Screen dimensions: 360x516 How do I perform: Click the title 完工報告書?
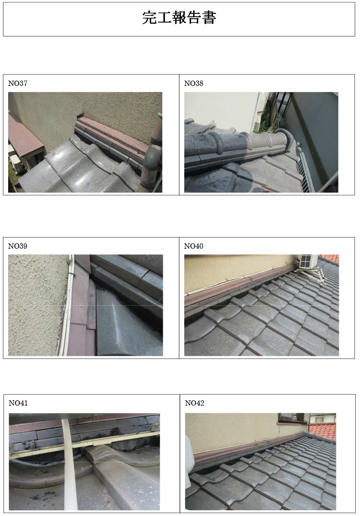point(179,18)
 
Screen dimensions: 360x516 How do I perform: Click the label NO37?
point(18,83)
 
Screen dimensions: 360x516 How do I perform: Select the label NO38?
point(193,83)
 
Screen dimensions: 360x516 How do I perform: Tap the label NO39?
point(18,246)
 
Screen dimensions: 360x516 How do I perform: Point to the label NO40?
point(193,246)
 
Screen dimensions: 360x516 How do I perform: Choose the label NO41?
point(18,403)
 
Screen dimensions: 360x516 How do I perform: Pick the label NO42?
point(194,403)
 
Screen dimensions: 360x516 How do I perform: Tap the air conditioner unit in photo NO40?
point(308,261)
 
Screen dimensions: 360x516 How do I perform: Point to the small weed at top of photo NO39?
point(70,262)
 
